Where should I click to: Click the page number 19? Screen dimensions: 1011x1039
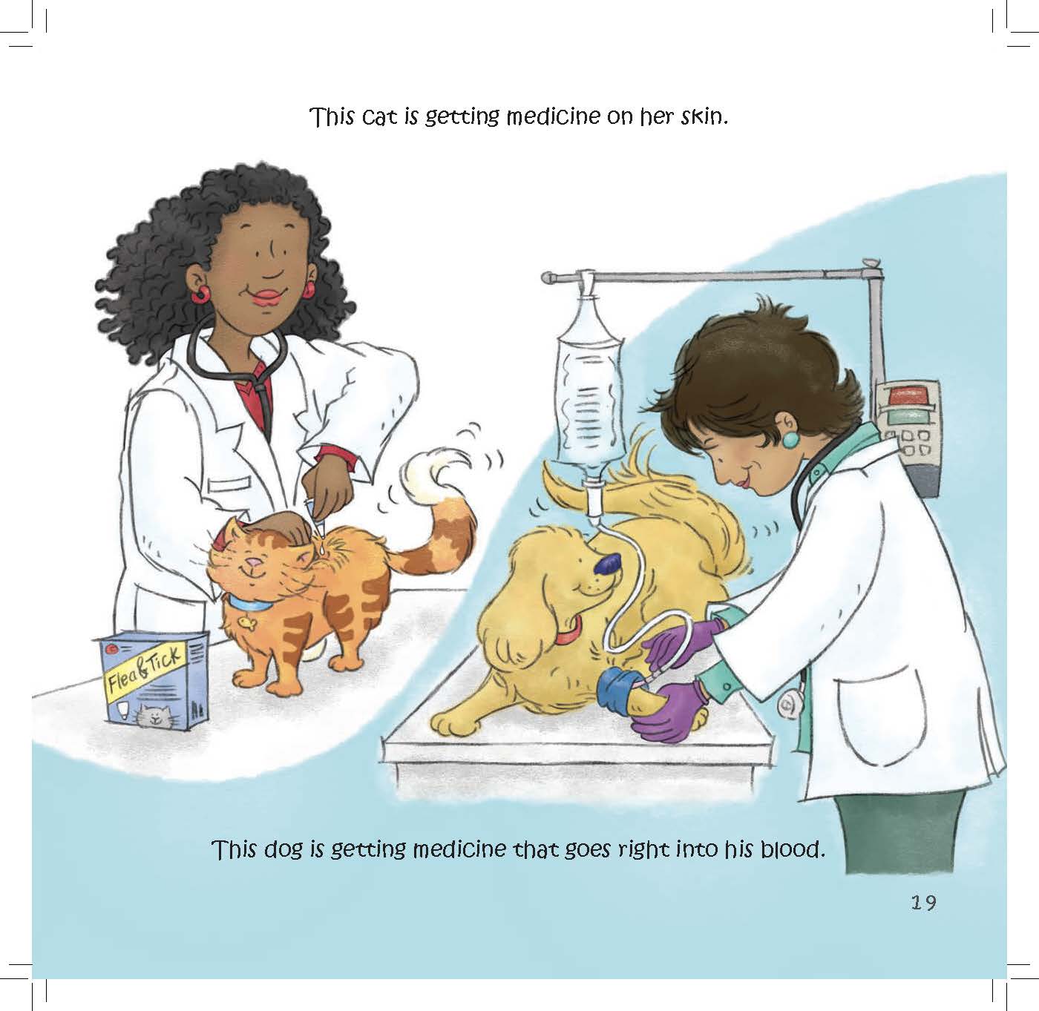click(x=924, y=903)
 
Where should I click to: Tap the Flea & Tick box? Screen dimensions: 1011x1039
click(x=154, y=679)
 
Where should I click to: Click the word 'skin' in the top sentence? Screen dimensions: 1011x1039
click(x=701, y=116)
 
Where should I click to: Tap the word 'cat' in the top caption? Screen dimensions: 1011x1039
click(x=380, y=117)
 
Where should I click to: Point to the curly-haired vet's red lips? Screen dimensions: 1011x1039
click(x=268, y=297)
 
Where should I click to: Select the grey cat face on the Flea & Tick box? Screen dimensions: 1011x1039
click(x=156, y=717)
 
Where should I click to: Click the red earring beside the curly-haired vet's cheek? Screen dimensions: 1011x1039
click(x=201, y=294)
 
